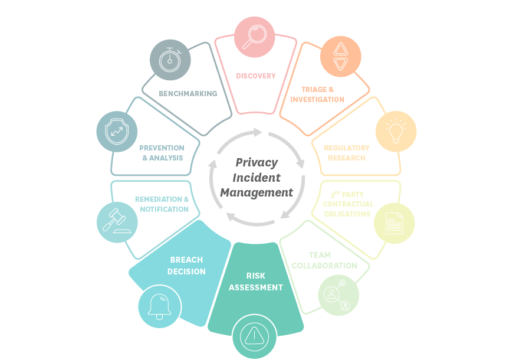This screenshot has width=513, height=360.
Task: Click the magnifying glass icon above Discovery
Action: coord(255,37)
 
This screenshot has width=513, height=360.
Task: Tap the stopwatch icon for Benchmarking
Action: coord(170,60)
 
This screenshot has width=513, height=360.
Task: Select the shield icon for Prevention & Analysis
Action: coord(117,131)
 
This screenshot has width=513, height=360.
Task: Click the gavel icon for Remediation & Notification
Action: coord(117,222)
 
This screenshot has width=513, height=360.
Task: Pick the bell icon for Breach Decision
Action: coord(159,306)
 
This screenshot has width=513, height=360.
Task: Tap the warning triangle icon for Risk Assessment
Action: coord(254,336)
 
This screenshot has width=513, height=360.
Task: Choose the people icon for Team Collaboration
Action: coord(338,294)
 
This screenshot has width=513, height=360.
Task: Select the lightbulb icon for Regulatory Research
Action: coord(396,131)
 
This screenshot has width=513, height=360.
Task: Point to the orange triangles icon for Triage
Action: coord(341,57)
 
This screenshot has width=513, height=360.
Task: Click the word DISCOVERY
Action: coord(256,76)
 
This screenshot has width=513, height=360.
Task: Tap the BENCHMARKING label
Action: coord(188,94)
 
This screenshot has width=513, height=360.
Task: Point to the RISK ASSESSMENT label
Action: coord(256,282)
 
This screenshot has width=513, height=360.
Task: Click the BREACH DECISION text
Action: coord(186,266)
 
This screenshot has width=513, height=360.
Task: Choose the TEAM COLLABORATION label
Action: coord(324,260)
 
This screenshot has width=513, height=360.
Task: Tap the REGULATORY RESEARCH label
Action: coord(347,153)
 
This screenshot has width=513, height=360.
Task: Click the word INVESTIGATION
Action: coord(317,100)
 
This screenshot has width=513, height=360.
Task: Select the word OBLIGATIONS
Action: coord(347,214)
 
